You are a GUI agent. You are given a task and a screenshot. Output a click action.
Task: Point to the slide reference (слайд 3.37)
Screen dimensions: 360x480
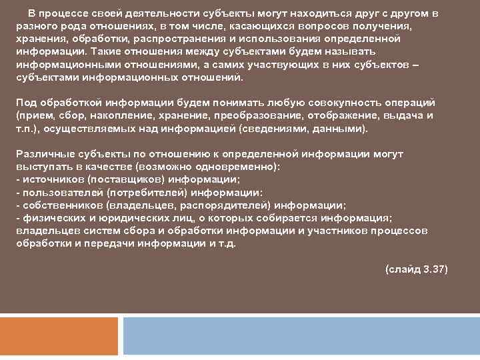(x=416, y=269)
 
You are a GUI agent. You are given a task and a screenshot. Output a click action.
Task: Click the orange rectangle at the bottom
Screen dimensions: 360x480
(x=60, y=337)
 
